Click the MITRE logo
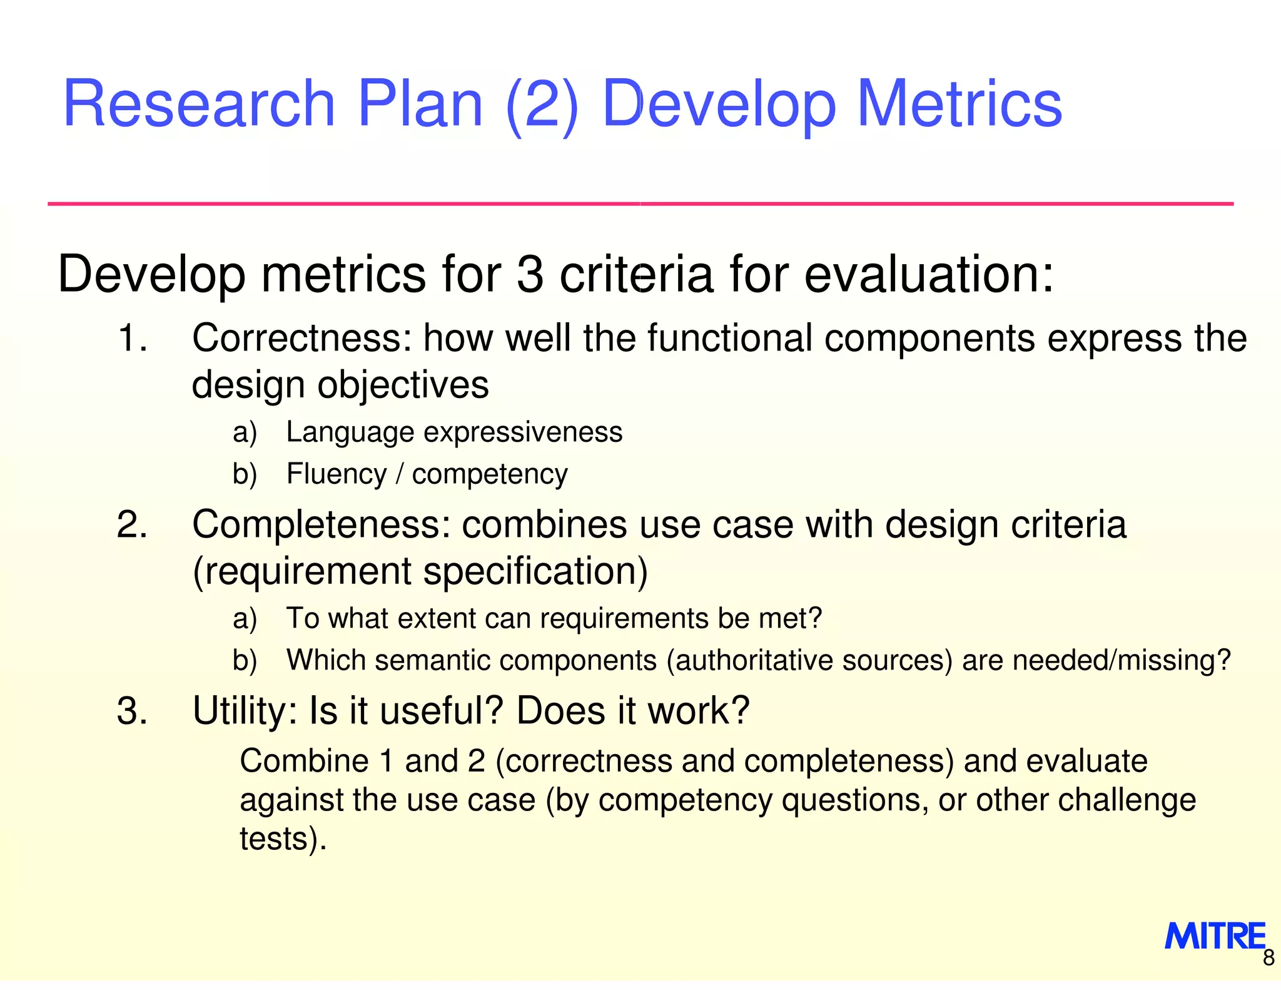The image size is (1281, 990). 1214,936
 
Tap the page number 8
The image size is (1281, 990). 1268,958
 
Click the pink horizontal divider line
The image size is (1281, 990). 640,204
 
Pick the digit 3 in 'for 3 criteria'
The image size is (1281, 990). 530,275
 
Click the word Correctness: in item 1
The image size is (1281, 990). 302,339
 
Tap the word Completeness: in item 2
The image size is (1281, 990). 321,524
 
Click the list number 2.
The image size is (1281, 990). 132,524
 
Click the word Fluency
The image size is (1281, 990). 337,474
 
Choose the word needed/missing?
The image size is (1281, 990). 1122,660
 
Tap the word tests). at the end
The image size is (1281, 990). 283,839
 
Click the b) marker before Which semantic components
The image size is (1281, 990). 245,660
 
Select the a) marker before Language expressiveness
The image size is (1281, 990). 245,432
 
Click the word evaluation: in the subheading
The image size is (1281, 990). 929,275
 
